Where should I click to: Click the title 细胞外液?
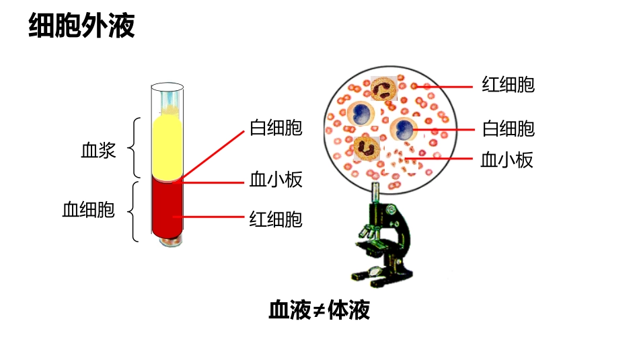(82, 27)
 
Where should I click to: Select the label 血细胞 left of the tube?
(88, 210)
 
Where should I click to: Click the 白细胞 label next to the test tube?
(276, 128)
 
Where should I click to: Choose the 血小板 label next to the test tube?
(276, 180)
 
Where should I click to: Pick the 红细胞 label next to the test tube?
(276, 219)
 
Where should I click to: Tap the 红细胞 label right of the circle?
(508, 85)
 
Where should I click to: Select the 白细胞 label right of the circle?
(508, 128)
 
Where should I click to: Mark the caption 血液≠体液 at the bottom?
(319, 311)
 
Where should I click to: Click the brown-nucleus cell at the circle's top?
(383, 89)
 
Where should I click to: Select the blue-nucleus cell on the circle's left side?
(361, 112)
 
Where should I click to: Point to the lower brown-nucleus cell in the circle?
(367, 146)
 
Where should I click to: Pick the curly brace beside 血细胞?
(137, 211)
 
